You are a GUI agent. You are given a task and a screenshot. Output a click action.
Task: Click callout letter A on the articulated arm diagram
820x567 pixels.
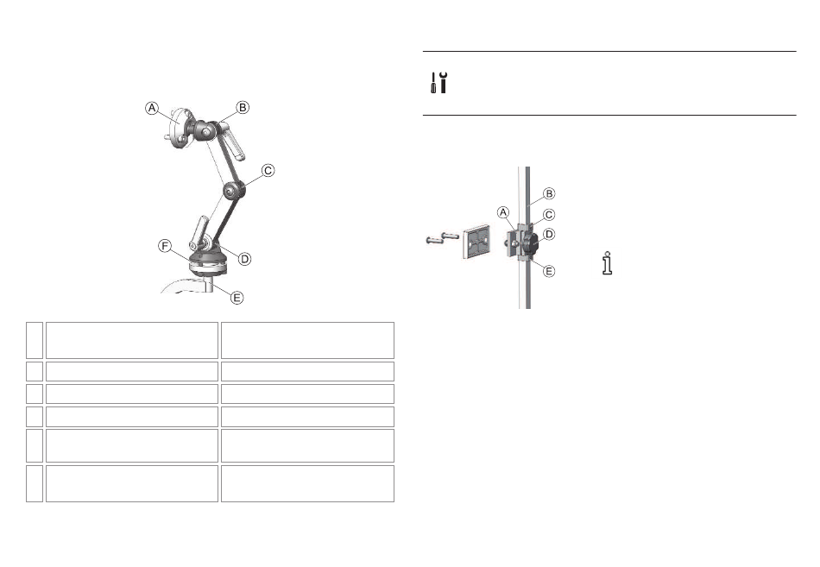(x=152, y=108)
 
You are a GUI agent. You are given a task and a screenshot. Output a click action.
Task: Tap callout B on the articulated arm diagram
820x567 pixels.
(x=243, y=107)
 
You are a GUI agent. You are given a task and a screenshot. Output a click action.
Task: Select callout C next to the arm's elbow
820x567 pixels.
(x=268, y=171)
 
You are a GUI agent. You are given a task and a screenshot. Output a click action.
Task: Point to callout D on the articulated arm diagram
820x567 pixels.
(x=244, y=259)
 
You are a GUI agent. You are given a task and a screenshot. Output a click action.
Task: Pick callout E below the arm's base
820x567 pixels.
(x=237, y=298)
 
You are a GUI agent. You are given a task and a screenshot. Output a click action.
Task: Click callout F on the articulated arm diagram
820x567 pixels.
(x=165, y=246)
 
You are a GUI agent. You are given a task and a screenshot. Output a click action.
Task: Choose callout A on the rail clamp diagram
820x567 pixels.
(x=503, y=212)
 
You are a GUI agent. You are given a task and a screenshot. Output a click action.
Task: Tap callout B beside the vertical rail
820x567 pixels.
(x=549, y=193)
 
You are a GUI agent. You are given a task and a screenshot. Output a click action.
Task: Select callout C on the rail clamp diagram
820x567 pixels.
(x=549, y=214)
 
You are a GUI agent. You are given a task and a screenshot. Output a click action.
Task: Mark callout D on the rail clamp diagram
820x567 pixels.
(x=549, y=235)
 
